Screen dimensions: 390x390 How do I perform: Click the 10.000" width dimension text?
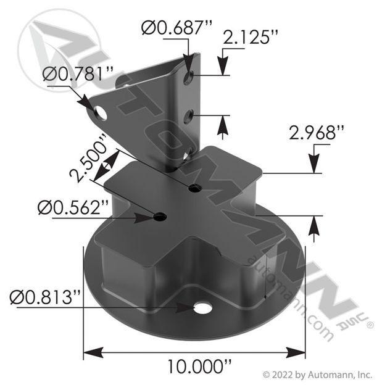[194, 367]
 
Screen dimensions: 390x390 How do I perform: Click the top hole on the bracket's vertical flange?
[191, 76]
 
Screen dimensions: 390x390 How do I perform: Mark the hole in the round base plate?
[202, 307]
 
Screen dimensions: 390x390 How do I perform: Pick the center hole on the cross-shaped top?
[195, 188]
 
